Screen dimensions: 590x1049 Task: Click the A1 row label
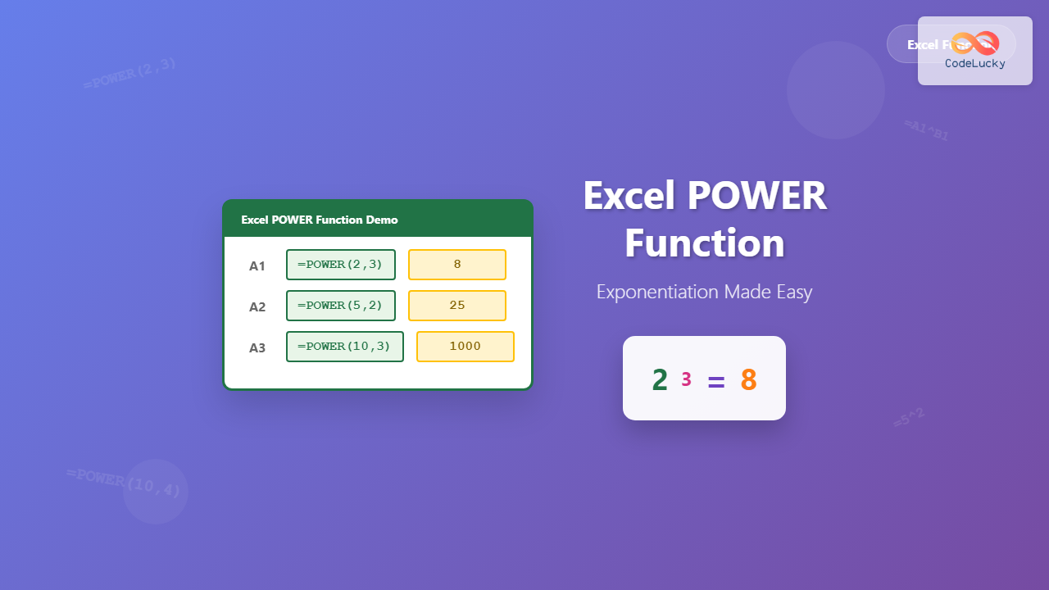tap(257, 265)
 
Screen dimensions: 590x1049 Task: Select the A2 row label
tap(257, 306)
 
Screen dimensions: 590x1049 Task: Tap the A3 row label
tap(257, 347)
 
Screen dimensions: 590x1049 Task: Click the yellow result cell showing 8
tap(457, 265)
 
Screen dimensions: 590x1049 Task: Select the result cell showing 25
tap(457, 306)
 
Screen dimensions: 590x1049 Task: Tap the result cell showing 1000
tap(465, 347)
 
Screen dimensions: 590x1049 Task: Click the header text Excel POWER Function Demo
tap(320, 220)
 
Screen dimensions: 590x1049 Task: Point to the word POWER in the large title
tap(756, 196)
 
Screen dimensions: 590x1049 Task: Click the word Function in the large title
tap(705, 243)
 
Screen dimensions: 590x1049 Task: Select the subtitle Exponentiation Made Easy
tap(704, 292)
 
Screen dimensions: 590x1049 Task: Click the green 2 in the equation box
tap(660, 380)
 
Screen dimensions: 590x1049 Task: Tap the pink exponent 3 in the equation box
tap(686, 379)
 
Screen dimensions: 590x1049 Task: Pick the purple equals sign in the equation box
tap(716, 381)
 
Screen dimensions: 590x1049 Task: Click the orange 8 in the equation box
tap(748, 380)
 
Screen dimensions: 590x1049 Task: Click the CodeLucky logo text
tap(975, 63)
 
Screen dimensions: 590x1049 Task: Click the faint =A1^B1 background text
tap(927, 130)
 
